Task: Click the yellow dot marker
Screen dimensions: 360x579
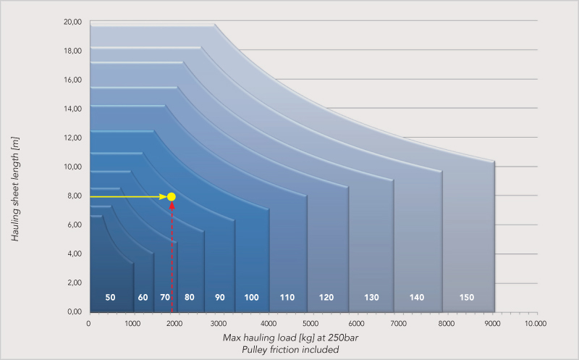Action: click(172, 197)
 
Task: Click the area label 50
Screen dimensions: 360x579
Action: click(110, 298)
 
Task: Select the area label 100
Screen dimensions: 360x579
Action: click(251, 298)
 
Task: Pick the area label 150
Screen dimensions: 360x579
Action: click(467, 298)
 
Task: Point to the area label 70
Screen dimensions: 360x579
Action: click(165, 298)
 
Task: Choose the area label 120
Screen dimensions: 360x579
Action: click(326, 298)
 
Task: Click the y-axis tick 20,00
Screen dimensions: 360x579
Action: click(72, 22)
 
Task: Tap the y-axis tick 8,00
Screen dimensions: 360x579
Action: click(74, 196)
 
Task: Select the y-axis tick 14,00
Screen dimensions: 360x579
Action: click(72, 109)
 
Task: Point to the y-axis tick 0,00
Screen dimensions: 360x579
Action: click(74, 311)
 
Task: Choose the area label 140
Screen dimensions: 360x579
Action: click(416, 298)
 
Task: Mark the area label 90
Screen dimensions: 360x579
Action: click(220, 298)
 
